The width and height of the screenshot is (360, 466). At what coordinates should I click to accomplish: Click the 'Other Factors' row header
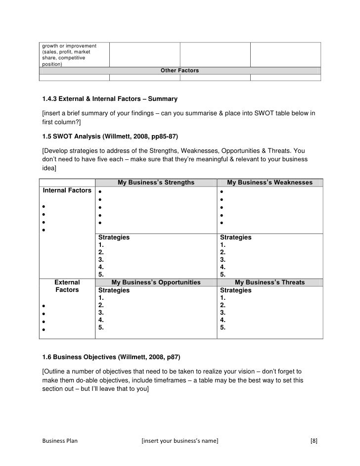point(180,71)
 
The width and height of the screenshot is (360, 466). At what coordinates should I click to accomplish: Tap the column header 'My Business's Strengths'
point(156,183)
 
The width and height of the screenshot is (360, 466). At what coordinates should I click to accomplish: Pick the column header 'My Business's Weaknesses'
point(270,183)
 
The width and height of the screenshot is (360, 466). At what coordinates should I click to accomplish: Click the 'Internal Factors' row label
point(67,190)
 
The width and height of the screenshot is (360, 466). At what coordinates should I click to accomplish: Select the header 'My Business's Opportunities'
point(156,282)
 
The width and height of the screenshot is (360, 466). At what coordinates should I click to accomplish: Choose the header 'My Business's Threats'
point(270,282)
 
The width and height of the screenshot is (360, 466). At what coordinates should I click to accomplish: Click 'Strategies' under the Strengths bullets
point(114,237)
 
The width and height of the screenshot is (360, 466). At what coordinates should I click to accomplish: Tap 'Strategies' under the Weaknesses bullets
point(235,237)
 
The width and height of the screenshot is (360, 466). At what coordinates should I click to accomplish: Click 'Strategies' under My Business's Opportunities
point(114,290)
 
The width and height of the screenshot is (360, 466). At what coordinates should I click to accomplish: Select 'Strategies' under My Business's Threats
point(235,290)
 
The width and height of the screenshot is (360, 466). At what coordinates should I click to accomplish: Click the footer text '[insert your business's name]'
point(180,440)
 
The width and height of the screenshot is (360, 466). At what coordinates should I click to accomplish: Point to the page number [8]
point(314,440)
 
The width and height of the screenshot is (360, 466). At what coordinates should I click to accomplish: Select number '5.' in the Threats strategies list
point(223,327)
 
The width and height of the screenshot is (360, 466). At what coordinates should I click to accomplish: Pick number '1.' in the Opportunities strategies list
point(101,298)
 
